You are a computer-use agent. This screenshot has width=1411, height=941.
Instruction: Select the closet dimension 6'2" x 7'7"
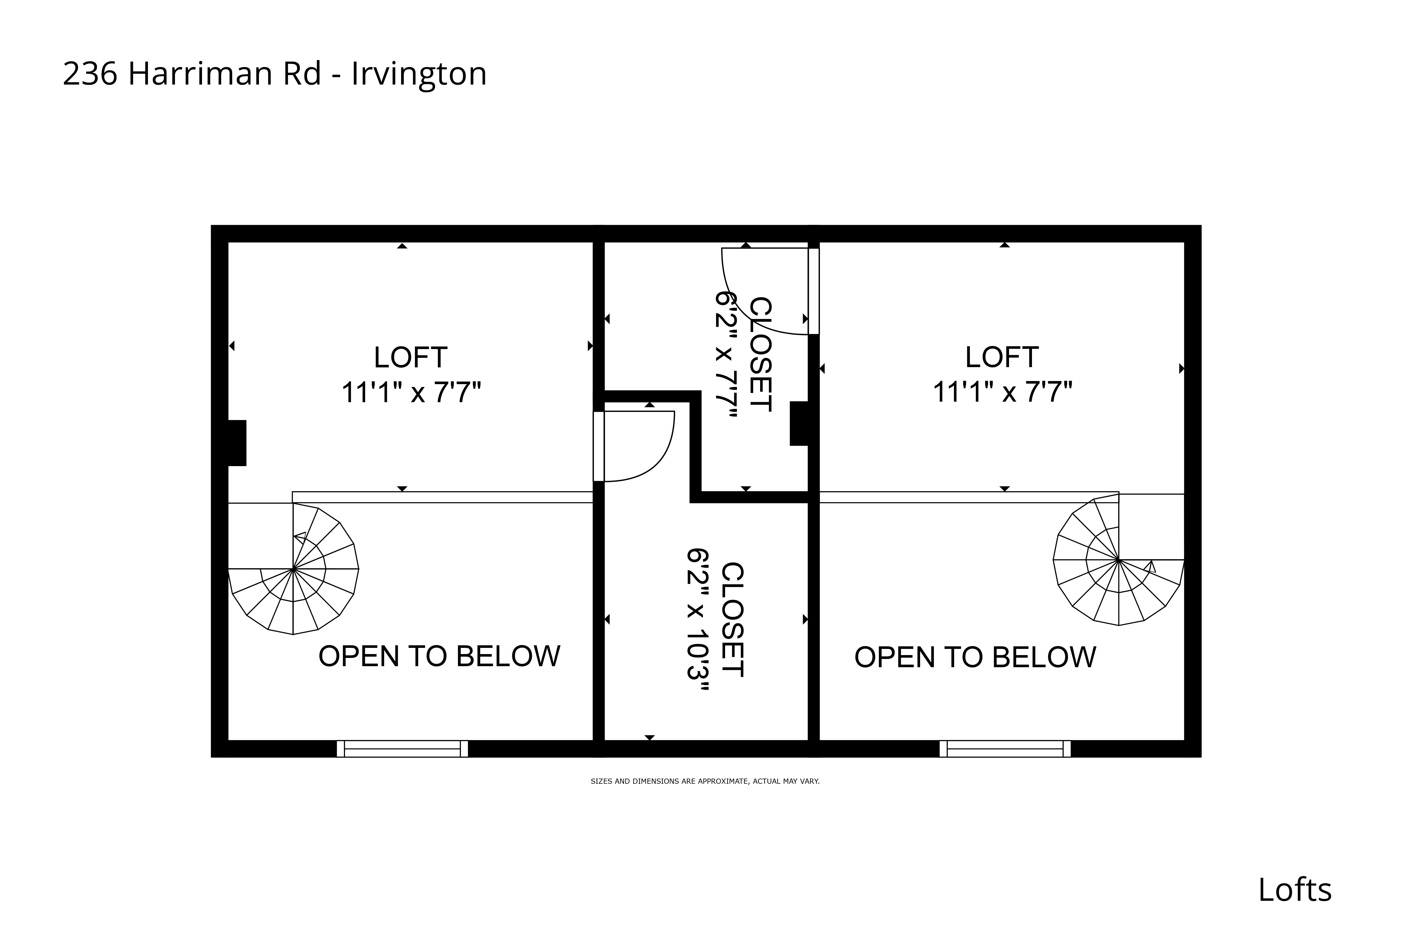(726, 355)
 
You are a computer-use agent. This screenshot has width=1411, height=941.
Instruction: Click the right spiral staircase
(1118, 560)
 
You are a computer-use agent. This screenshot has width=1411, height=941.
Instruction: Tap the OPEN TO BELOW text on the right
(975, 657)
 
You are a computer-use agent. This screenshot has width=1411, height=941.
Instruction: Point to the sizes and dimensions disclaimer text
(705, 781)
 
